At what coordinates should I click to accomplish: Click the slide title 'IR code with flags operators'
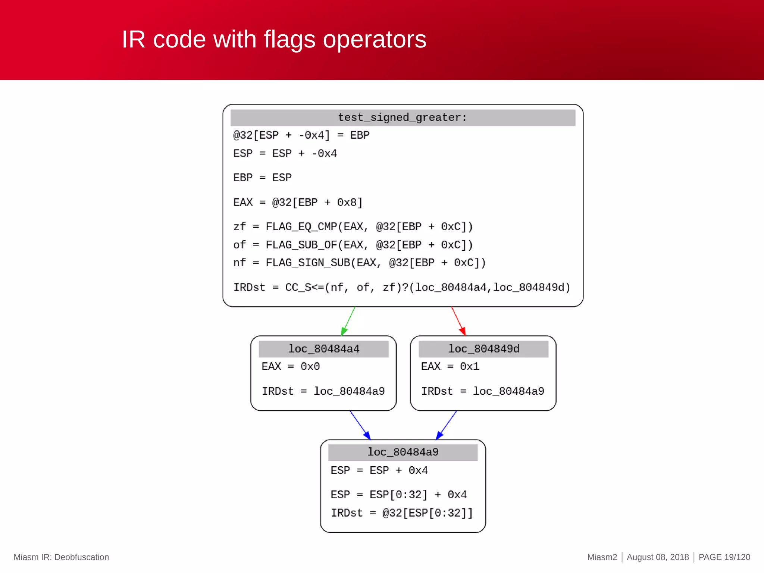click(274, 39)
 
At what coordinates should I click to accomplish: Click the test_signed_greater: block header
click(402, 118)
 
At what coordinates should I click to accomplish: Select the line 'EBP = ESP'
click(262, 178)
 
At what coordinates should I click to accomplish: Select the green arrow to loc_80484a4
click(348, 321)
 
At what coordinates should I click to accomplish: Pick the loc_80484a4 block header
click(323, 349)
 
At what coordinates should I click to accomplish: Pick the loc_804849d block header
click(483, 349)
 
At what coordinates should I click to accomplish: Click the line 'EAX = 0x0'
click(291, 366)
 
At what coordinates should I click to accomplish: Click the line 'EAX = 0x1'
click(450, 366)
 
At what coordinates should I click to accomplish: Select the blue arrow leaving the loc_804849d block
click(447, 425)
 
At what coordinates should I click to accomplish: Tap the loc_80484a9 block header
click(403, 452)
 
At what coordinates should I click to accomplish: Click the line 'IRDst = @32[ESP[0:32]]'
click(401, 513)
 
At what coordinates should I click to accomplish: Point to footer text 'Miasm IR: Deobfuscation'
click(61, 557)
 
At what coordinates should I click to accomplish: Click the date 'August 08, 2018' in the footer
click(657, 557)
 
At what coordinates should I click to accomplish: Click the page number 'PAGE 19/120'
click(724, 557)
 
